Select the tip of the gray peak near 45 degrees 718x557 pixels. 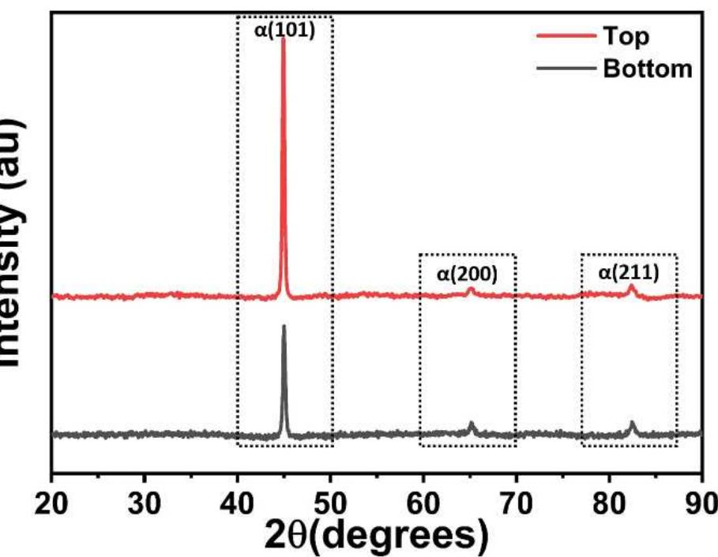click(x=284, y=327)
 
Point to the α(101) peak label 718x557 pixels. click(x=285, y=32)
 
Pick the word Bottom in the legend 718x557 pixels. click(x=647, y=69)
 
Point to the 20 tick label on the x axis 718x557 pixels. click(x=51, y=503)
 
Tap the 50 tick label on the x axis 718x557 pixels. click(x=330, y=503)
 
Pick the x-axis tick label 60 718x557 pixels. click(x=423, y=503)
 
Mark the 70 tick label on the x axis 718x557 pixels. click(x=517, y=503)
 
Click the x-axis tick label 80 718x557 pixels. click(x=609, y=503)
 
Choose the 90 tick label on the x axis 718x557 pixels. click(x=701, y=503)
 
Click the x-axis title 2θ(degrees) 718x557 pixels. click(x=378, y=536)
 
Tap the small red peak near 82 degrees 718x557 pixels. click(x=631, y=286)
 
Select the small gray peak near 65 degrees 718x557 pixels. click(x=472, y=424)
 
